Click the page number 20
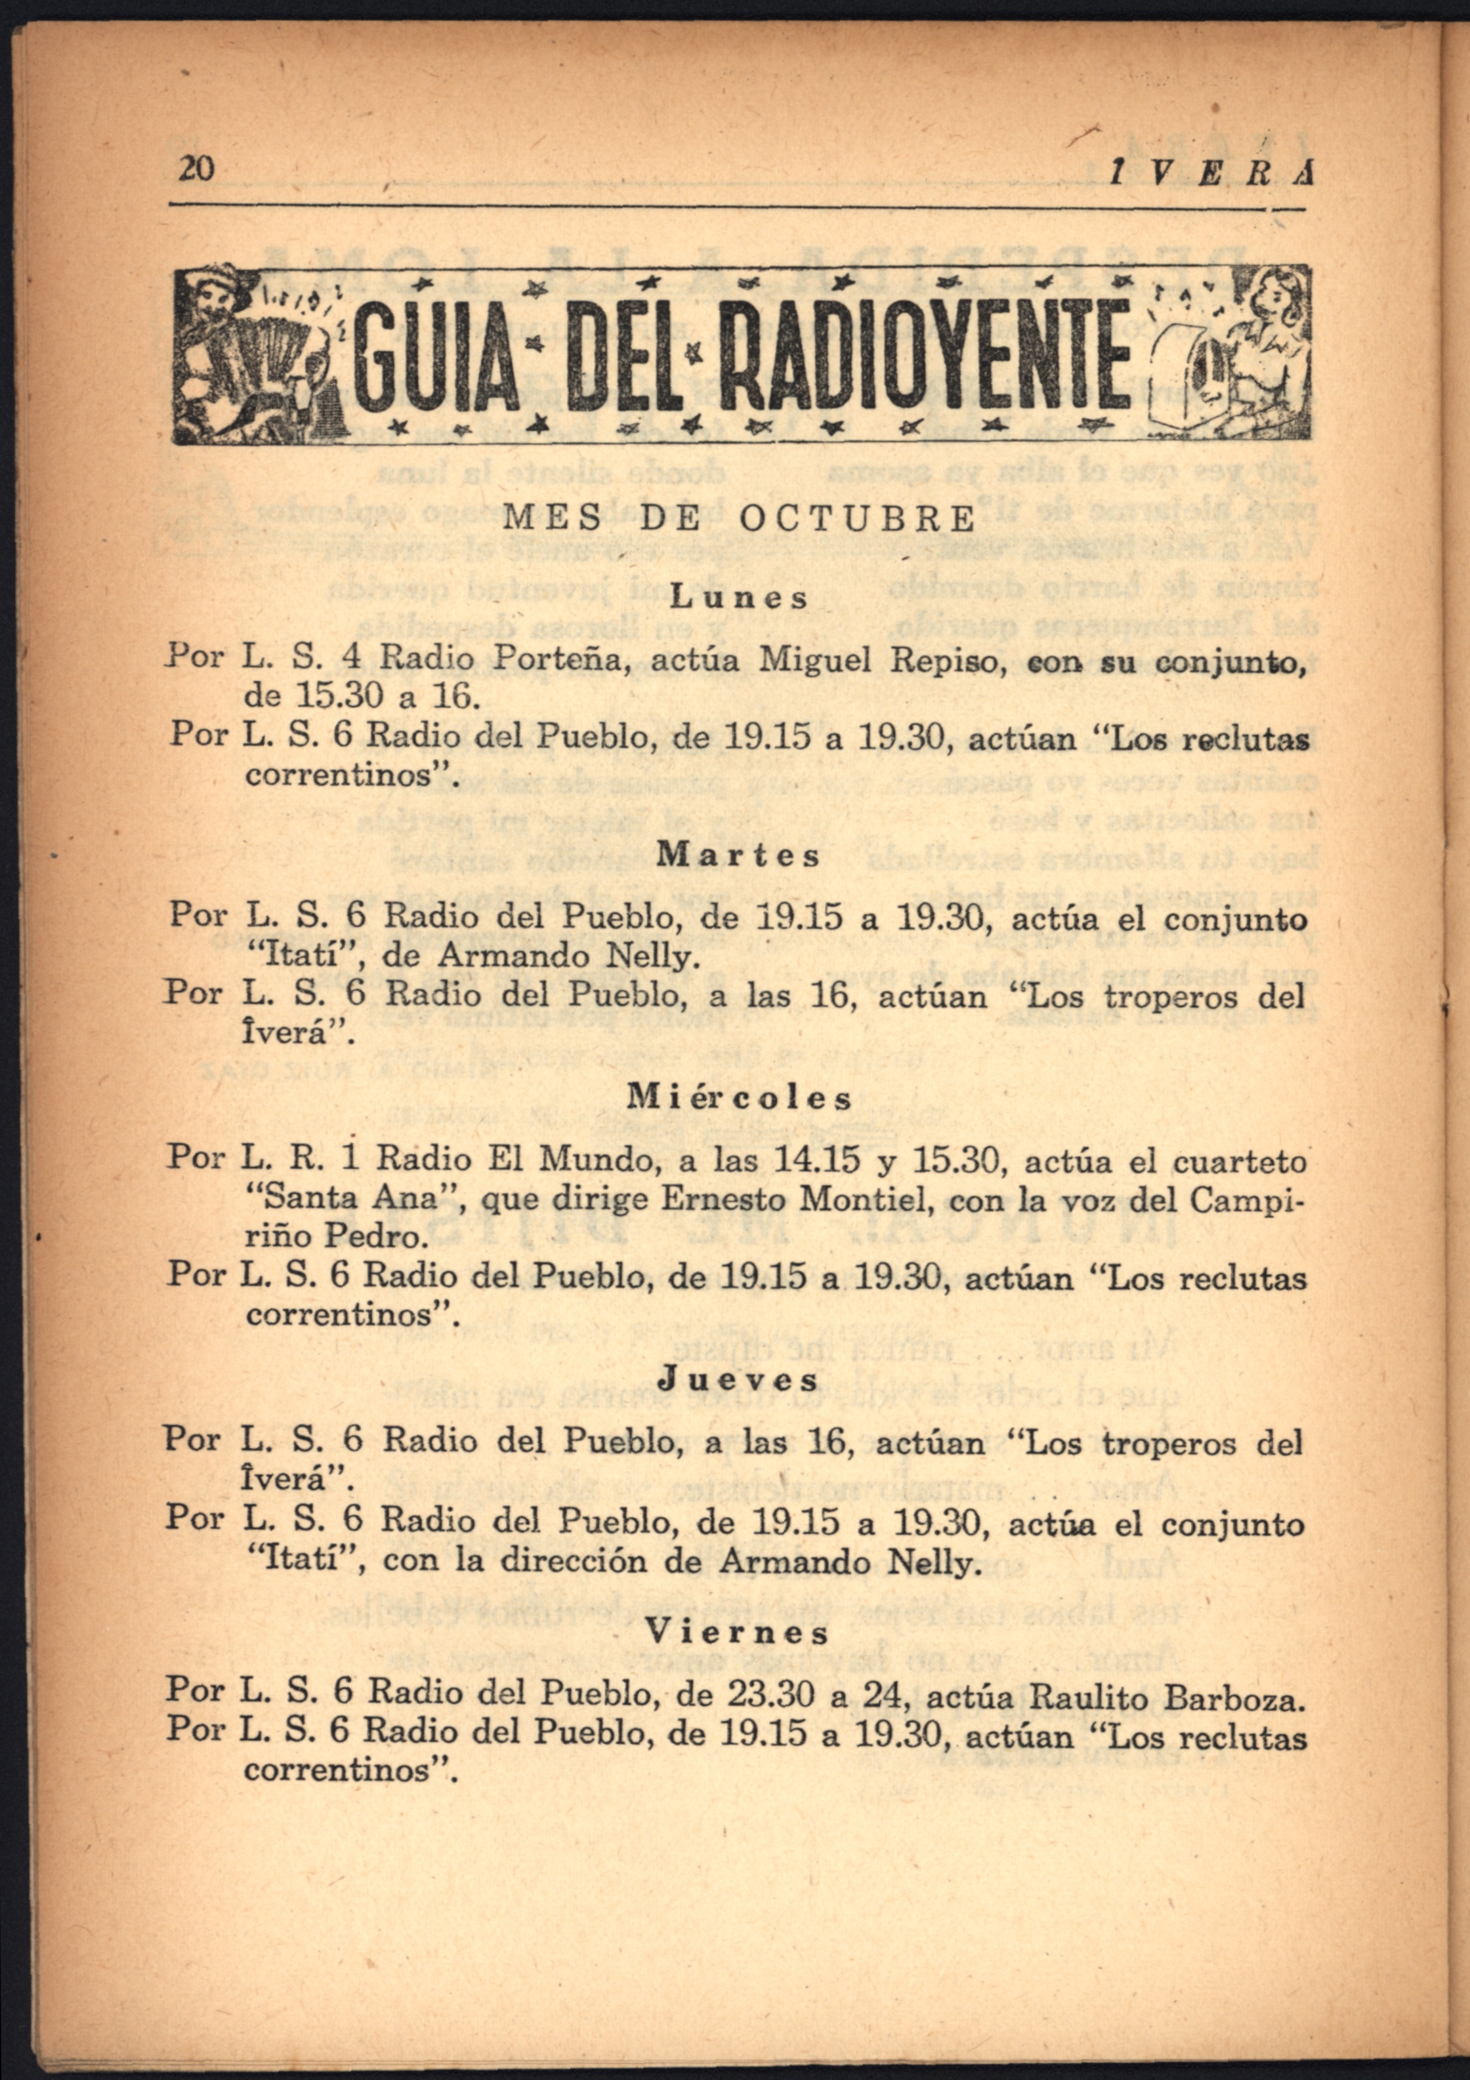point(196,169)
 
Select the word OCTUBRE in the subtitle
point(856,519)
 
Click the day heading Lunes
point(739,598)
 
